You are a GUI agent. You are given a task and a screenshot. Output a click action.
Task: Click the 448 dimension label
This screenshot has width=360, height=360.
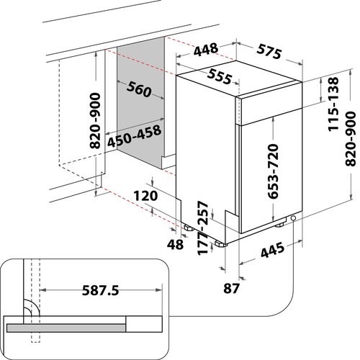click(x=206, y=50)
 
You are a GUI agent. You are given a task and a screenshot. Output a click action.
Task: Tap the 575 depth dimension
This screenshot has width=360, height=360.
click(x=269, y=52)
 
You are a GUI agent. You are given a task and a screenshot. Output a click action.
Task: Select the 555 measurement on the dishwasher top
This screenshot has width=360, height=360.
click(x=220, y=76)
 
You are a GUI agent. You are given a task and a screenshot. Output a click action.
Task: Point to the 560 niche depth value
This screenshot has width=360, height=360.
click(x=139, y=89)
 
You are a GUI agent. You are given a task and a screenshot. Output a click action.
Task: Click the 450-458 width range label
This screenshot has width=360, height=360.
click(x=134, y=136)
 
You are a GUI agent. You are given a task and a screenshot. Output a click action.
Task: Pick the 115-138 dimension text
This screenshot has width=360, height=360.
click(x=333, y=104)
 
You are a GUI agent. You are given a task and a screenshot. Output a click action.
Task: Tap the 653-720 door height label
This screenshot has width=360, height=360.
click(x=273, y=171)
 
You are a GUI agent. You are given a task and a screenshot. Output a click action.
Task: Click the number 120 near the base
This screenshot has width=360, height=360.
click(x=145, y=196)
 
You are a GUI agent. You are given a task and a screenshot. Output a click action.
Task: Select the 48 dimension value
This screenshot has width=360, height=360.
click(x=176, y=245)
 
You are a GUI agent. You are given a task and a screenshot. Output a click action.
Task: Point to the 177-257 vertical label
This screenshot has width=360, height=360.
click(x=203, y=228)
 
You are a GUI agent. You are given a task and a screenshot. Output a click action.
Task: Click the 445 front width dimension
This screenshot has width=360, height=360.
click(x=272, y=250)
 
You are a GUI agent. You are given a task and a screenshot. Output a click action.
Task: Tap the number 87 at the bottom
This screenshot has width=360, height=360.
click(x=232, y=288)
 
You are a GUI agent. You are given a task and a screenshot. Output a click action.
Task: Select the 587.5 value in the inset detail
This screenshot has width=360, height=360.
click(x=101, y=290)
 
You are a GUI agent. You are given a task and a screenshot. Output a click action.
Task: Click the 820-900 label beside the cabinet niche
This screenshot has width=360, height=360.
click(x=95, y=121)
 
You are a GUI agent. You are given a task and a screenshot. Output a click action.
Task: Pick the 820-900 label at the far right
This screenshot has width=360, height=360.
click(x=351, y=139)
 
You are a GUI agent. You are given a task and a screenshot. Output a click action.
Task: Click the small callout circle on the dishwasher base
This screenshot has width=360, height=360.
click(x=293, y=218)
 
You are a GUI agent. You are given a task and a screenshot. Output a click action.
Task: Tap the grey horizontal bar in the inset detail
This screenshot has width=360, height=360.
click(x=66, y=328)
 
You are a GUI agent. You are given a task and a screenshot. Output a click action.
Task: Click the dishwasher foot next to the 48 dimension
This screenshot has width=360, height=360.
click(x=189, y=228)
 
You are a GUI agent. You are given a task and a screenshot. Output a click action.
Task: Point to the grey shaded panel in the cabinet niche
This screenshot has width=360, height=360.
click(x=141, y=102)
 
